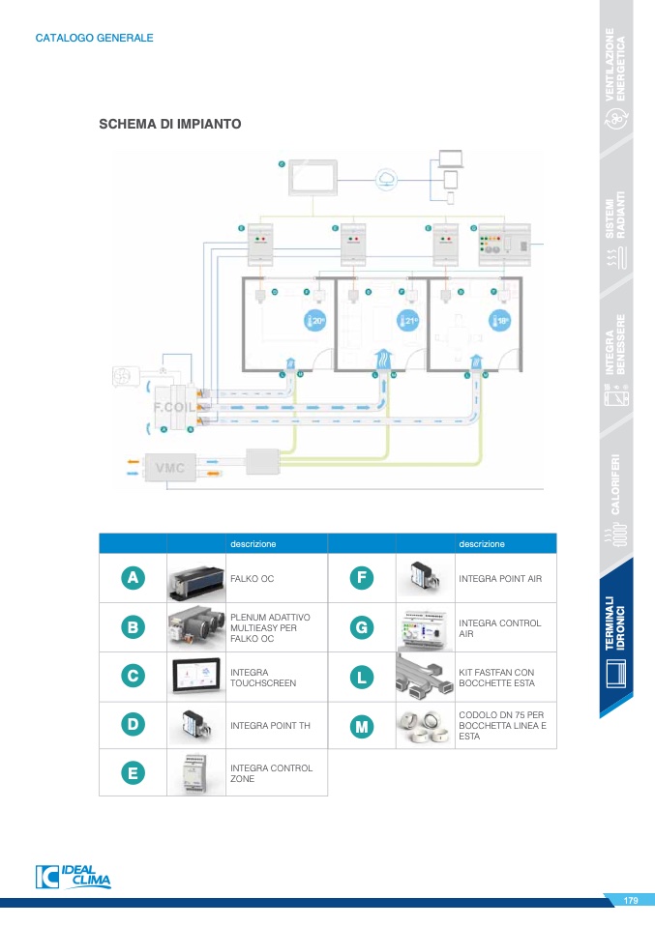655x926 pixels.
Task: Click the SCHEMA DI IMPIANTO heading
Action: (170, 125)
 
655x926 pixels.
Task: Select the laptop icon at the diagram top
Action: (451, 158)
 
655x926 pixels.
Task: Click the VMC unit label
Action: (169, 468)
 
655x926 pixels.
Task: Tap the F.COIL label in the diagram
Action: (174, 407)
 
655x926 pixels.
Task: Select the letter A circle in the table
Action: (133, 578)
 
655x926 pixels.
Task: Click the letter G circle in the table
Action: (361, 627)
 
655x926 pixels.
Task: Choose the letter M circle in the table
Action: (361, 726)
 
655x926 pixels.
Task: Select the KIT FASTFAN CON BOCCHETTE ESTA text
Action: (496, 677)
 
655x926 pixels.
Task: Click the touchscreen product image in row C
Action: (197, 675)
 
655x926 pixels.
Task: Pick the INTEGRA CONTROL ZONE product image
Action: (197, 773)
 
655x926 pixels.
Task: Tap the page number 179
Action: (630, 901)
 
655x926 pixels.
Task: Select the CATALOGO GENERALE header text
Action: (94, 39)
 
